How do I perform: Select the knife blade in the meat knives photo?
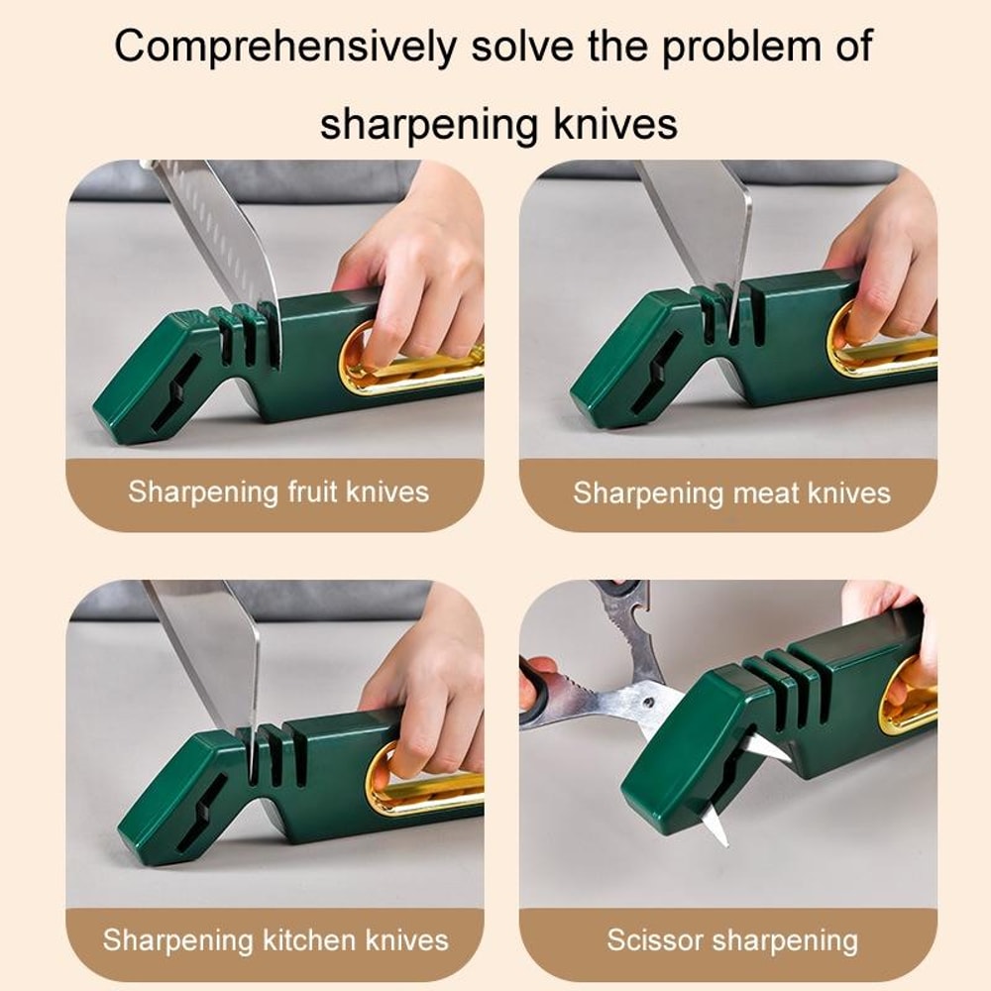(x=705, y=223)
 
